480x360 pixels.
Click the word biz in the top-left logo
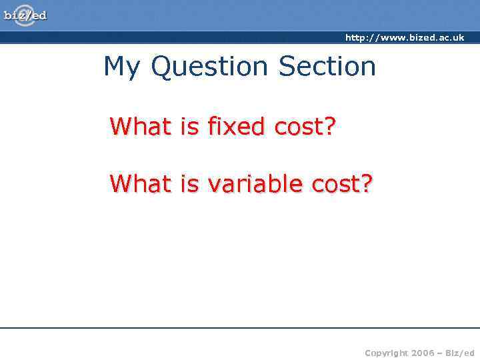coord(14,15)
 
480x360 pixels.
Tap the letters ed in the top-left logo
coord(40,15)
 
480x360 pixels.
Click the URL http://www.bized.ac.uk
coord(404,38)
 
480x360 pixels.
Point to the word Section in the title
coord(327,67)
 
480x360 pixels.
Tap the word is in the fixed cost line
coord(190,126)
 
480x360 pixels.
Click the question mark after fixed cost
coord(329,126)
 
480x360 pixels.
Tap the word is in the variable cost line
coord(190,183)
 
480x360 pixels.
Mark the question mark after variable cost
coord(367,183)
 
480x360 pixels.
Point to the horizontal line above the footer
coord(240,328)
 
